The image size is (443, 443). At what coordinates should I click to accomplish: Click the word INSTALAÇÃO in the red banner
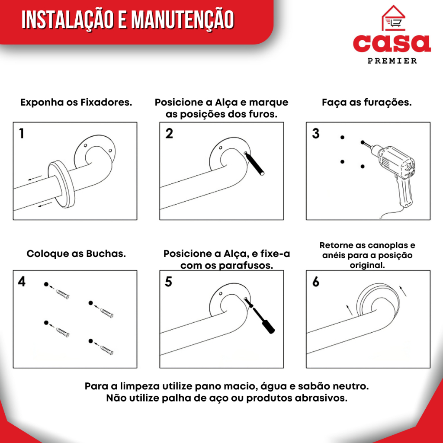(x=67, y=20)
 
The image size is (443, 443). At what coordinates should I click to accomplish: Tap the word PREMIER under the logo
(x=392, y=61)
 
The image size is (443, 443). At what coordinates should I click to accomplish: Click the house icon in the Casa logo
(x=393, y=18)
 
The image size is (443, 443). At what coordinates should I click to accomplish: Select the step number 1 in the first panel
(x=22, y=133)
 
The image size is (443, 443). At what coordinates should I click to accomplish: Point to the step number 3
(x=315, y=133)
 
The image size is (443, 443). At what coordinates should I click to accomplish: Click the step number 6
(x=315, y=282)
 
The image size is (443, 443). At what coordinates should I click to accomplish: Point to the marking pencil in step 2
(x=254, y=164)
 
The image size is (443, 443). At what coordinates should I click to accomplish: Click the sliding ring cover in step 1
(x=61, y=184)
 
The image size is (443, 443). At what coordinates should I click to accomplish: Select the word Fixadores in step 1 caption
(x=106, y=102)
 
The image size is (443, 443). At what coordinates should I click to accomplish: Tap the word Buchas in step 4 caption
(x=106, y=254)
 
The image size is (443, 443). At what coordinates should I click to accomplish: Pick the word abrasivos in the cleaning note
(x=321, y=398)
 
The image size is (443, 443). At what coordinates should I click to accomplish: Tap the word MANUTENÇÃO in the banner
(x=183, y=20)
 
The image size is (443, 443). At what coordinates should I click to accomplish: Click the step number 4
(x=22, y=282)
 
